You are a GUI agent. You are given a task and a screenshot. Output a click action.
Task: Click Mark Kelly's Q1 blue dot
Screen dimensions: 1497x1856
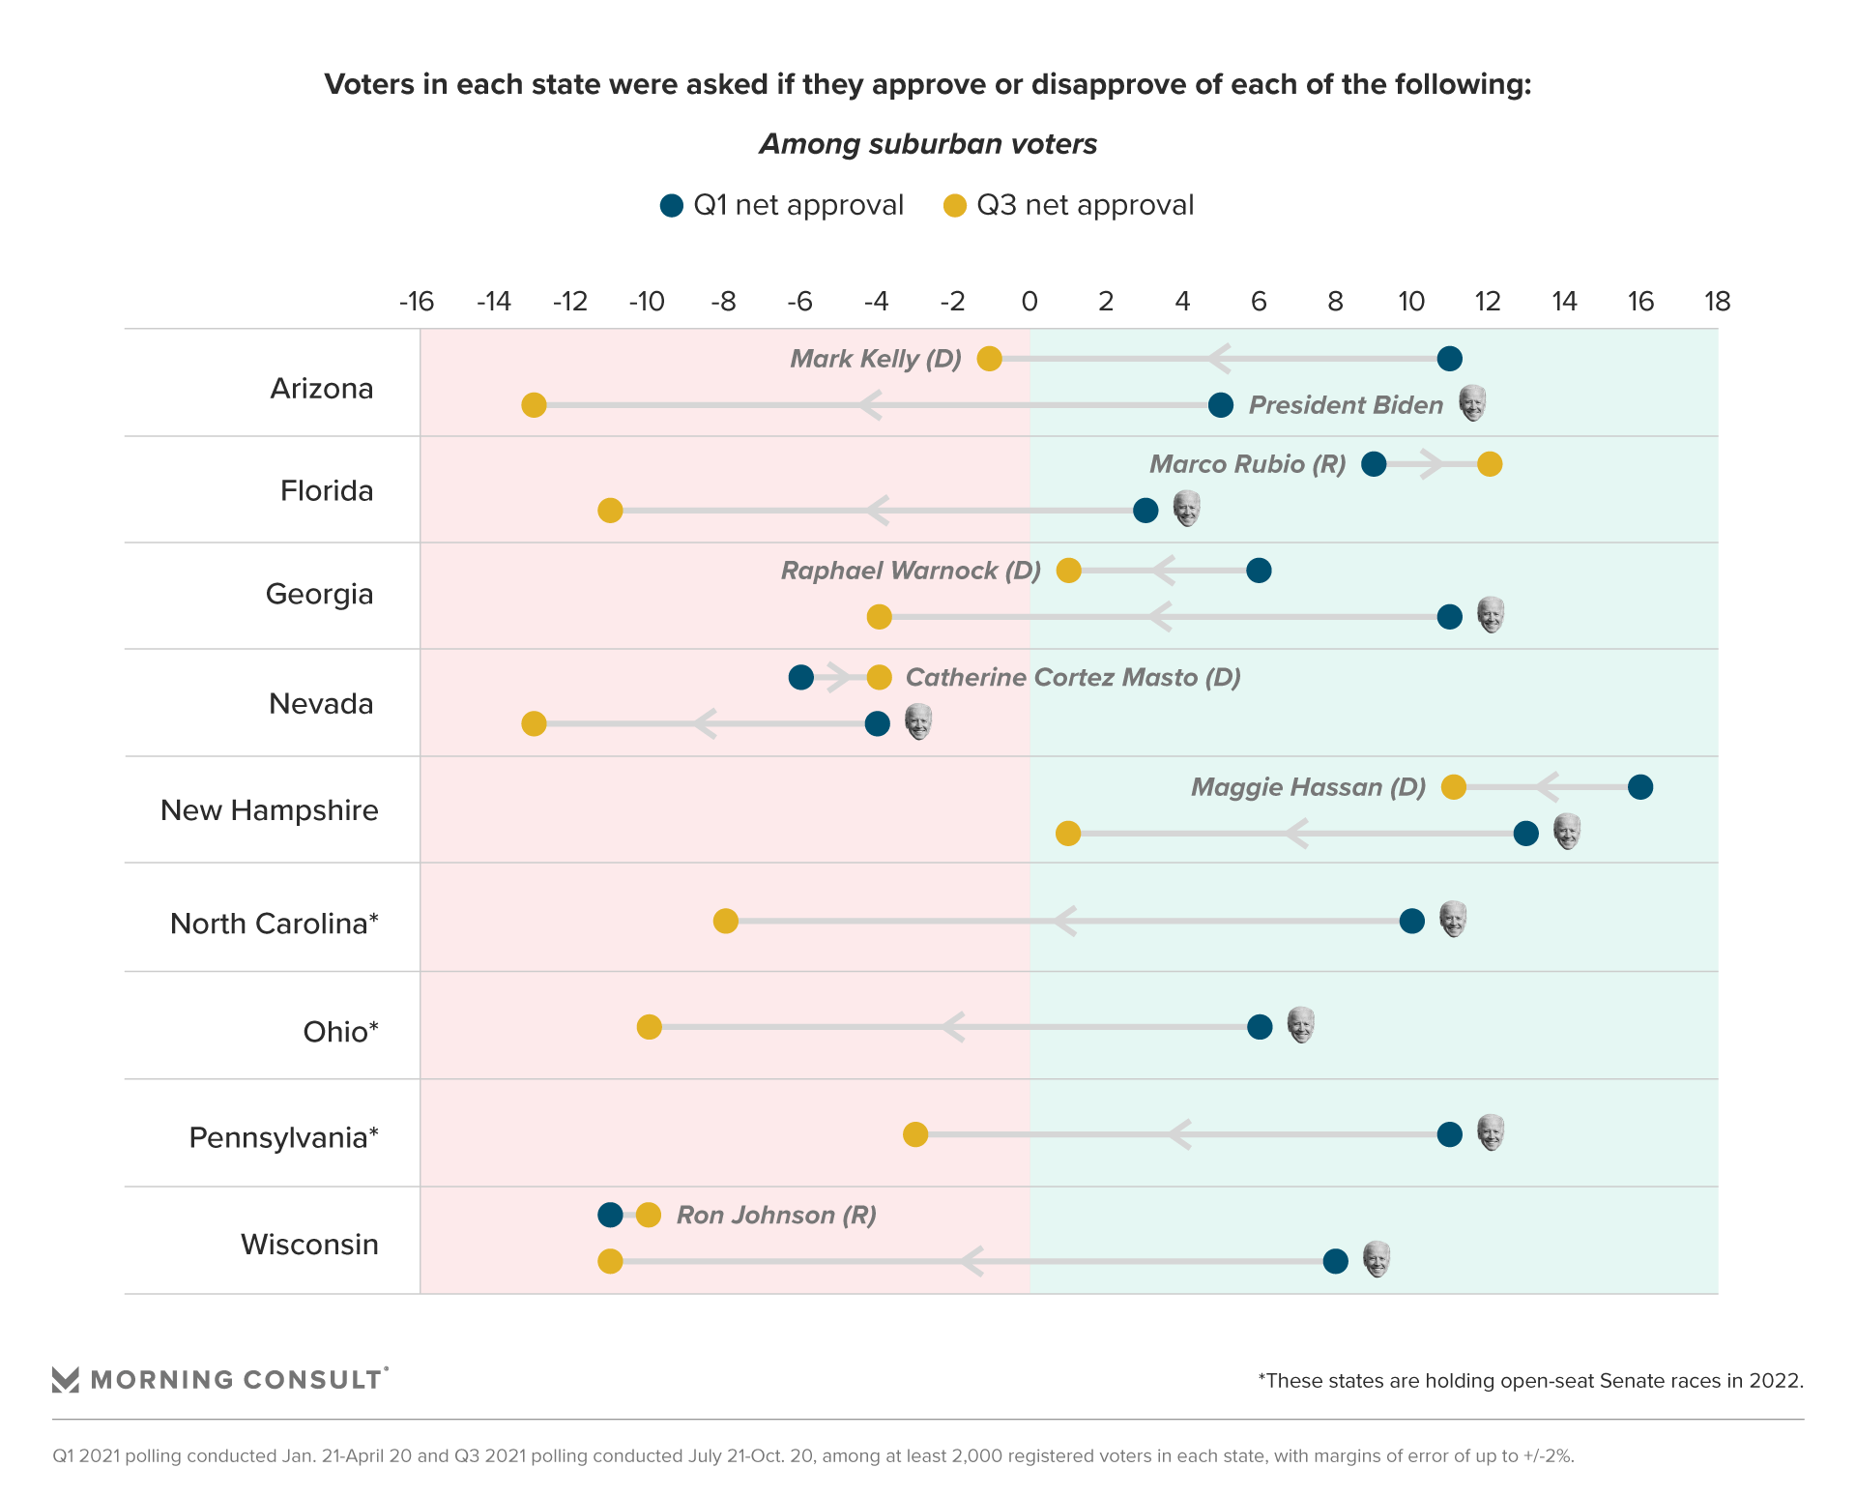[x=1449, y=359]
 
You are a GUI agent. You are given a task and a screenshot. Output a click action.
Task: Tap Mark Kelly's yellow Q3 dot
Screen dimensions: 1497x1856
[x=989, y=359]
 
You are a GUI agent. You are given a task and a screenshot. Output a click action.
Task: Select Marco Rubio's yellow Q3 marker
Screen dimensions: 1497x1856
[x=1490, y=464]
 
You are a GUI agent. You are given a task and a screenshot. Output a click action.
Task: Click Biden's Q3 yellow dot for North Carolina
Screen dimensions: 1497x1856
[x=726, y=921]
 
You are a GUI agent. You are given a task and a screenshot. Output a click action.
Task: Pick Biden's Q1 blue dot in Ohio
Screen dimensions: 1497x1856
[x=1260, y=1027]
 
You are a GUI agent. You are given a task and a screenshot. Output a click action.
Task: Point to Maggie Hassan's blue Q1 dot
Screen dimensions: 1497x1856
[x=1640, y=787]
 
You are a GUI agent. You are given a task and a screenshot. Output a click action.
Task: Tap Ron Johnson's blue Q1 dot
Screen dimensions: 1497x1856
[x=610, y=1215]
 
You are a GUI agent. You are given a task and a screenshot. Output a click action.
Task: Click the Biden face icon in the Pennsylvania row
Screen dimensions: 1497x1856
[x=1491, y=1132]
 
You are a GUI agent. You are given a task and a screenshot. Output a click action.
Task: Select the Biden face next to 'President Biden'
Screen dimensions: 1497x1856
[x=1472, y=403]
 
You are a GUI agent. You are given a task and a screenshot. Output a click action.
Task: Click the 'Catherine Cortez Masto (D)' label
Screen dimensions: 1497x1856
[x=1073, y=677]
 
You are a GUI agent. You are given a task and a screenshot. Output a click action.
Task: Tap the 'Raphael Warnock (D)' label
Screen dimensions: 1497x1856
[x=911, y=571]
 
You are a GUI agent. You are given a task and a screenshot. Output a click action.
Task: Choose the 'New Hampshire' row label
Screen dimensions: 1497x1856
[x=270, y=810]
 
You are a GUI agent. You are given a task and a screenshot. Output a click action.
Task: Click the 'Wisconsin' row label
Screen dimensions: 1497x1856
[x=309, y=1245]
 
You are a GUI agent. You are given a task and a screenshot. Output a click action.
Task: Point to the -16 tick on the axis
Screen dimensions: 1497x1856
[x=417, y=302]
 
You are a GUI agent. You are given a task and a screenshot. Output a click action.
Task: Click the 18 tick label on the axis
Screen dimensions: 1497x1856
[x=1717, y=302]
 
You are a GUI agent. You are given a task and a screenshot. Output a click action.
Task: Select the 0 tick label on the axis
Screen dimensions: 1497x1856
[x=1029, y=302]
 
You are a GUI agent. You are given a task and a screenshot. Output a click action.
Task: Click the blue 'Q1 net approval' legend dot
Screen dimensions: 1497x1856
[x=672, y=206]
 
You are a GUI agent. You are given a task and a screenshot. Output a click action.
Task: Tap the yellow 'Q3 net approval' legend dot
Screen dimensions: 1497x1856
[x=955, y=206]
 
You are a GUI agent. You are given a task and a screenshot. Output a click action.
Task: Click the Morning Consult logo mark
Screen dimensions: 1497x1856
[x=66, y=1380]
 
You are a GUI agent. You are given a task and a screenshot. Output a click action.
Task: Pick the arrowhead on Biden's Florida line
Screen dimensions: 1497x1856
[x=876, y=511]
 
